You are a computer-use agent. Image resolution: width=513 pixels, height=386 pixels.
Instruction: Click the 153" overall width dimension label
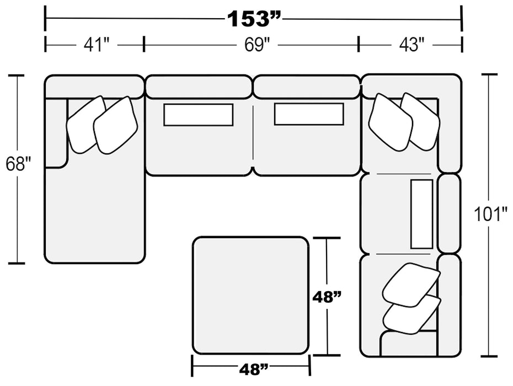click(254, 20)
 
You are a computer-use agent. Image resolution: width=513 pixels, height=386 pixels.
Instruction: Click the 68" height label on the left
click(18, 164)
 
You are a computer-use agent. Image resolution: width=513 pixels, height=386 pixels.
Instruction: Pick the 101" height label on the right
click(490, 214)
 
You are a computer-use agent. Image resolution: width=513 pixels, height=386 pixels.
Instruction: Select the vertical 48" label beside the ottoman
click(327, 297)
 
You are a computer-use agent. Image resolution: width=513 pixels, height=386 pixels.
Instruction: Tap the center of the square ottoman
click(250, 295)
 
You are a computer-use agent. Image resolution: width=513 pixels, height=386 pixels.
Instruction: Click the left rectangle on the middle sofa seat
click(198, 115)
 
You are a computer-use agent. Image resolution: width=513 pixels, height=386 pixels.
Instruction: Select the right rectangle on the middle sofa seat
click(309, 115)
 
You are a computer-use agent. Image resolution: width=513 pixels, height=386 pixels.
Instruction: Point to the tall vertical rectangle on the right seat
click(422, 213)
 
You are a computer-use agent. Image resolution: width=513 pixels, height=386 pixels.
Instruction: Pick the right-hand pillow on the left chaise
click(116, 126)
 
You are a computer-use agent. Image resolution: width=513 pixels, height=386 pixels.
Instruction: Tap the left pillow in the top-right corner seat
click(390, 122)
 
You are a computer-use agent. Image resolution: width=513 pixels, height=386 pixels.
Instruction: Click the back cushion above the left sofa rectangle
click(198, 87)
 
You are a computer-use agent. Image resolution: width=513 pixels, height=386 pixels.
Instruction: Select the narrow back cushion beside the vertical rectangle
click(449, 213)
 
